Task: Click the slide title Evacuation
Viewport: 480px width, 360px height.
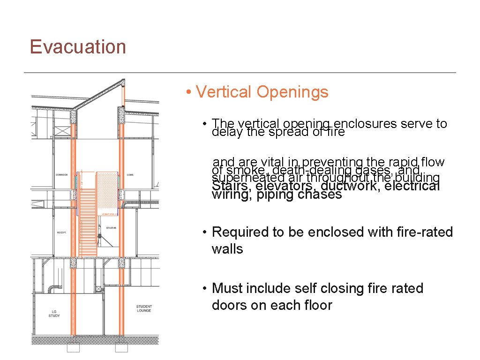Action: point(78,47)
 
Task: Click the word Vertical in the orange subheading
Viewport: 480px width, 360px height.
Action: point(224,92)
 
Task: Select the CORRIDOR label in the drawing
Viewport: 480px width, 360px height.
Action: point(62,175)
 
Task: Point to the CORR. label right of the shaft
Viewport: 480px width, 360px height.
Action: point(130,175)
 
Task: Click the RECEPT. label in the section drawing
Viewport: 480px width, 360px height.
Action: point(62,232)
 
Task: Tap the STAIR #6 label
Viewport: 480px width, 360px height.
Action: point(110,228)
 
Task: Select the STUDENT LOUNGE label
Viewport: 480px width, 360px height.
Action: point(144,308)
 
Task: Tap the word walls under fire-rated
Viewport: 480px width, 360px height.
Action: point(227,249)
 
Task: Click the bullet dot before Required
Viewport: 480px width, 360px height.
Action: point(205,232)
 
